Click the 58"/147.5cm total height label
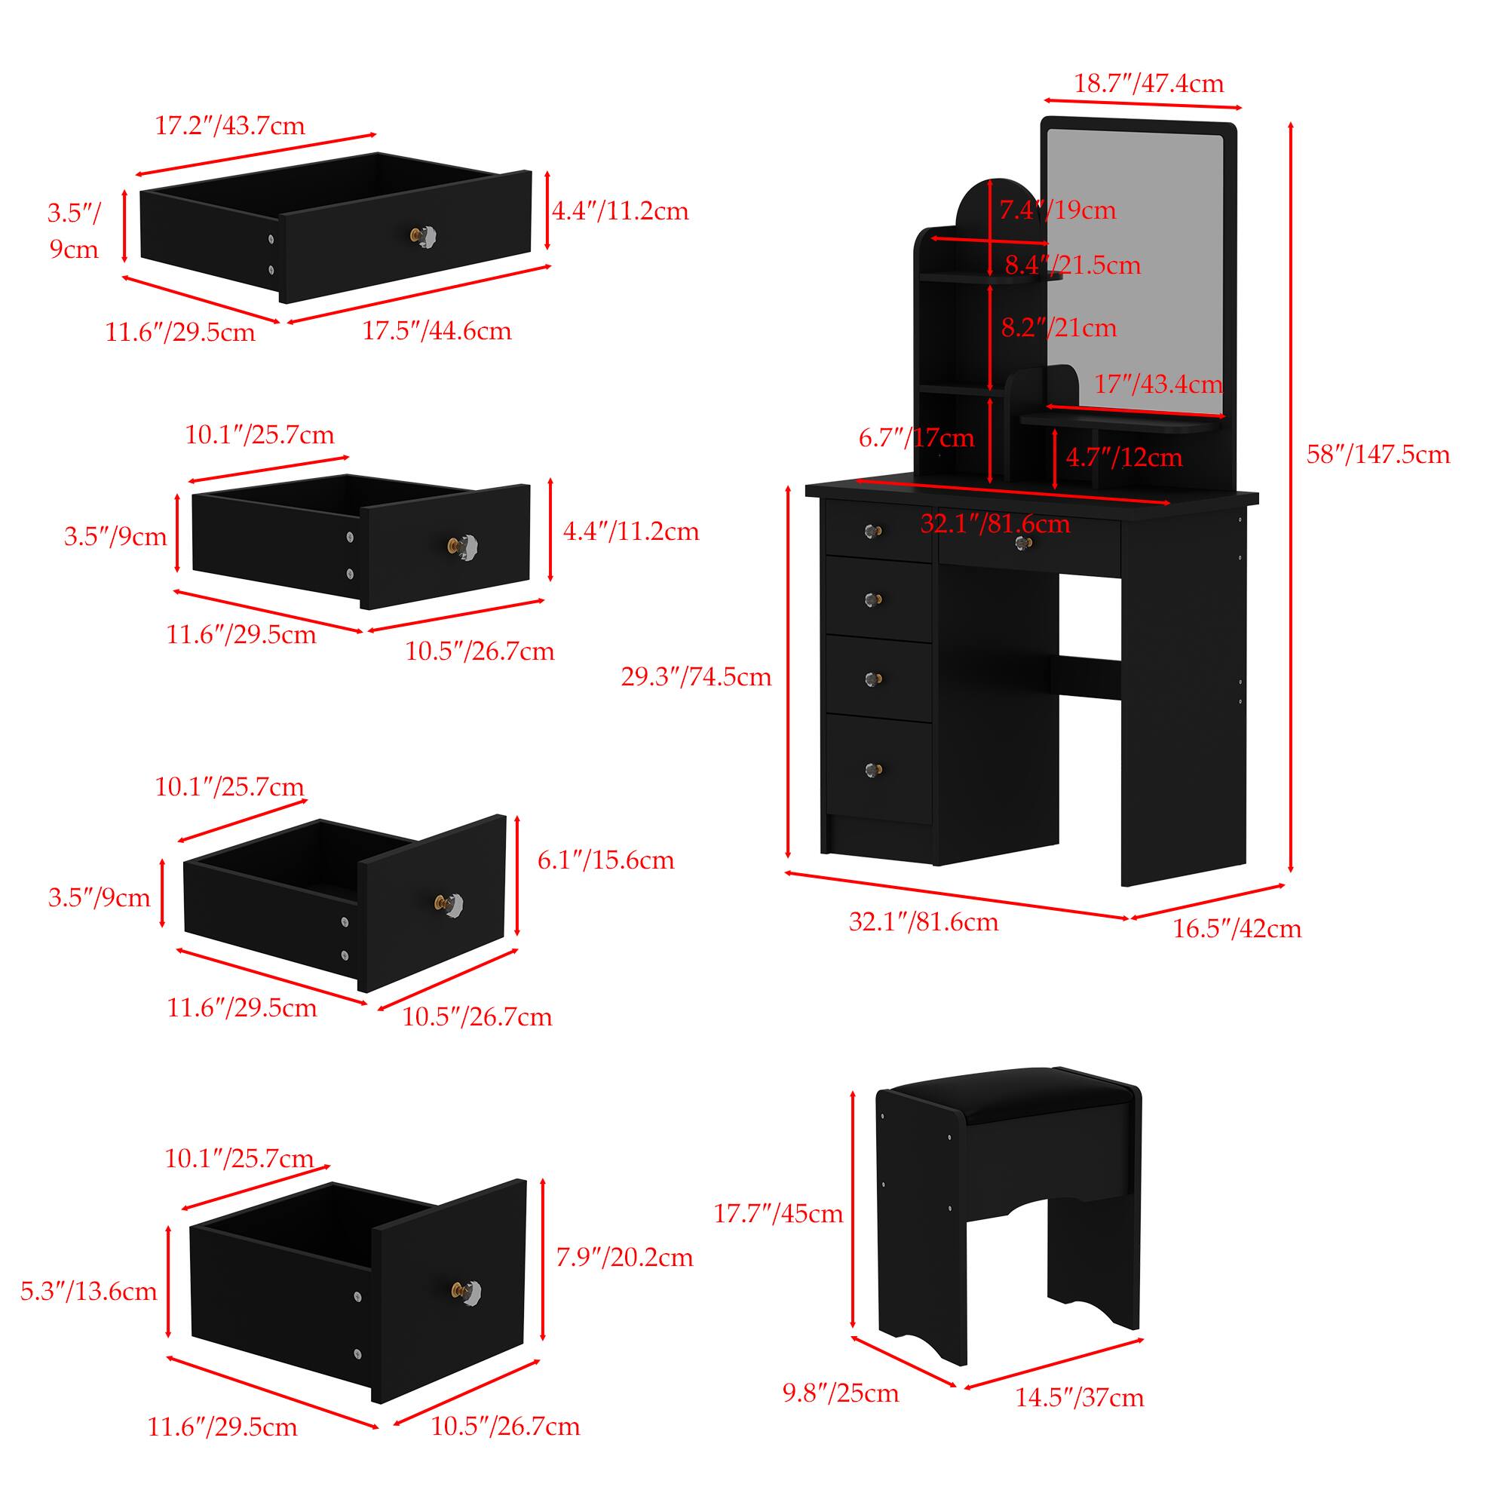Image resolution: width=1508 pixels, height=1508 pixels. (x=1378, y=454)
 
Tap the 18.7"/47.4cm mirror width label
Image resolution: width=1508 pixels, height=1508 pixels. (x=1149, y=84)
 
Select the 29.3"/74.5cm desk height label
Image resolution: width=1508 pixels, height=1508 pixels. (x=695, y=677)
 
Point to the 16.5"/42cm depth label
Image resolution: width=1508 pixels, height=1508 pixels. (x=1237, y=929)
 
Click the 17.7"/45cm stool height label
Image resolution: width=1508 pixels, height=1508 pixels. (x=778, y=1214)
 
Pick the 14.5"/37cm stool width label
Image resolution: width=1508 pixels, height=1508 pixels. (x=1079, y=1397)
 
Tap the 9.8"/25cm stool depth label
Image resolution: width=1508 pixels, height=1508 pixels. (x=841, y=1393)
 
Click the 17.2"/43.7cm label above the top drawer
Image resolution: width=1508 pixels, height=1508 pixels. (x=229, y=126)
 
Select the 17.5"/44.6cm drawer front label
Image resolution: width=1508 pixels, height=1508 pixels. (x=437, y=331)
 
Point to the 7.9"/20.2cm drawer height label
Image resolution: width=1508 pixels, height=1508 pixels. (x=624, y=1258)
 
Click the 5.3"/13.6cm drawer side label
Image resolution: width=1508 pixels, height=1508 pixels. (x=88, y=1291)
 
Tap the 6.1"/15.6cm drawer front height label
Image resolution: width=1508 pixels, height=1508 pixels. (x=605, y=860)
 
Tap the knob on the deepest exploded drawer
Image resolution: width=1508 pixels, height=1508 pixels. (x=467, y=1292)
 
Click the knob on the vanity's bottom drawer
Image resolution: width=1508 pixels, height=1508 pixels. (x=873, y=771)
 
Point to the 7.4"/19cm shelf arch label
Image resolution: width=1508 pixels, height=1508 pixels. (x=1059, y=210)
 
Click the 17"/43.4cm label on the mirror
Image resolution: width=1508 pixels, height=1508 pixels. (x=1157, y=384)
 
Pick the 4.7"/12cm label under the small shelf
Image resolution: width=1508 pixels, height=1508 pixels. (x=1124, y=458)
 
